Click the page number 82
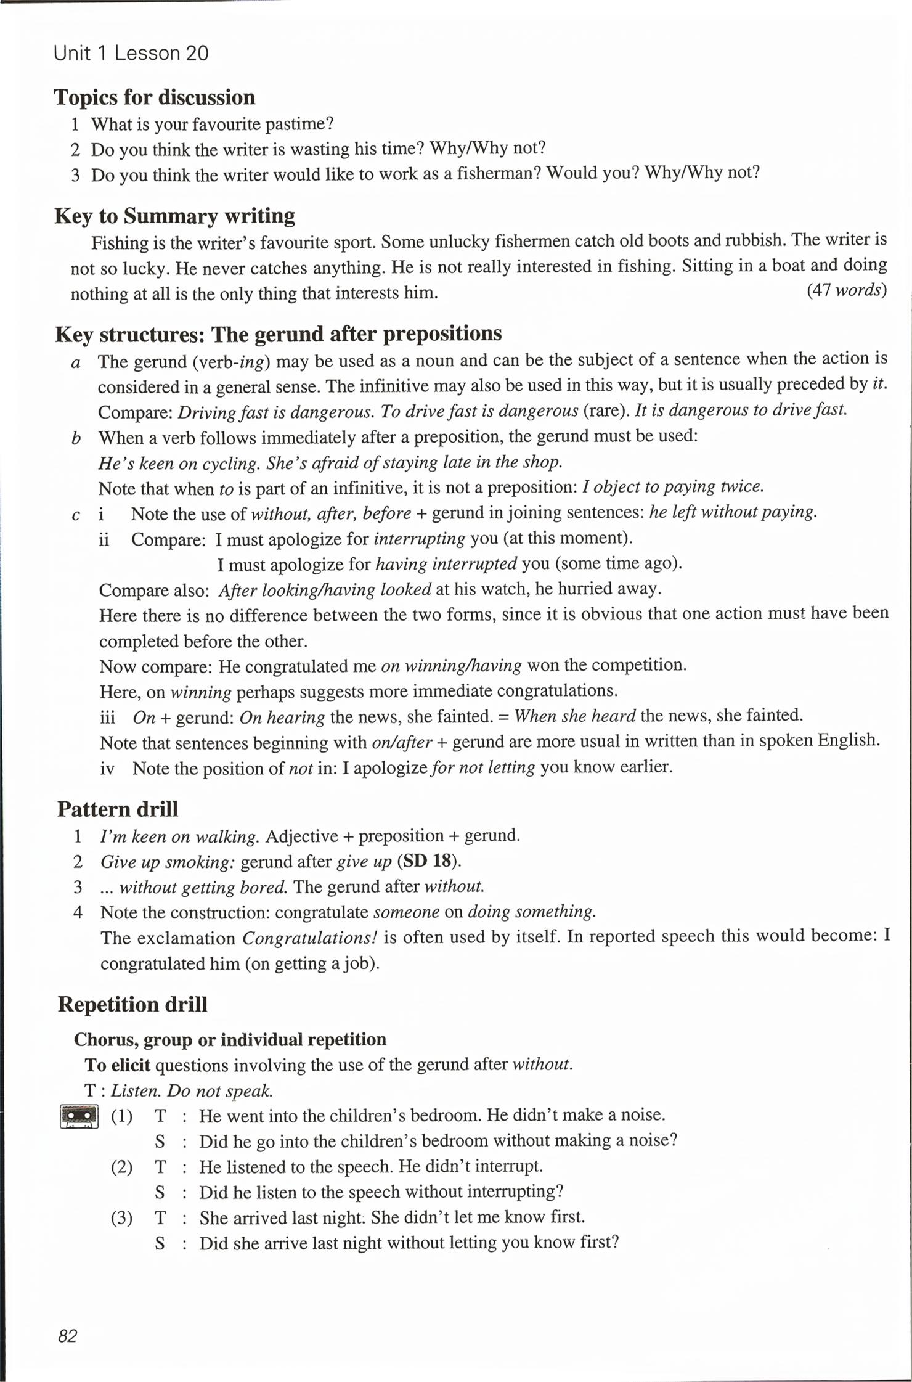click(x=67, y=1336)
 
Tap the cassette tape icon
click(x=79, y=1116)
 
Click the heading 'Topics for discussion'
click(x=154, y=97)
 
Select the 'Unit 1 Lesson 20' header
click(x=131, y=54)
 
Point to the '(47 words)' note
click(x=847, y=290)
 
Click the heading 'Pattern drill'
click(x=118, y=809)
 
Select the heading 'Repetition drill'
click(x=132, y=1004)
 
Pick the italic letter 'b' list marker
click(x=76, y=438)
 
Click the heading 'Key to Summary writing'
click(x=175, y=216)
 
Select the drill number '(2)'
click(x=121, y=1167)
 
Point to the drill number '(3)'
click(x=121, y=1218)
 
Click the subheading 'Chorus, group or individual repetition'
click(x=230, y=1040)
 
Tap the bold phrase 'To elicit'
click(x=117, y=1065)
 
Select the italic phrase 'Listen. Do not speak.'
click(x=191, y=1091)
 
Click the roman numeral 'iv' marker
click(x=107, y=769)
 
